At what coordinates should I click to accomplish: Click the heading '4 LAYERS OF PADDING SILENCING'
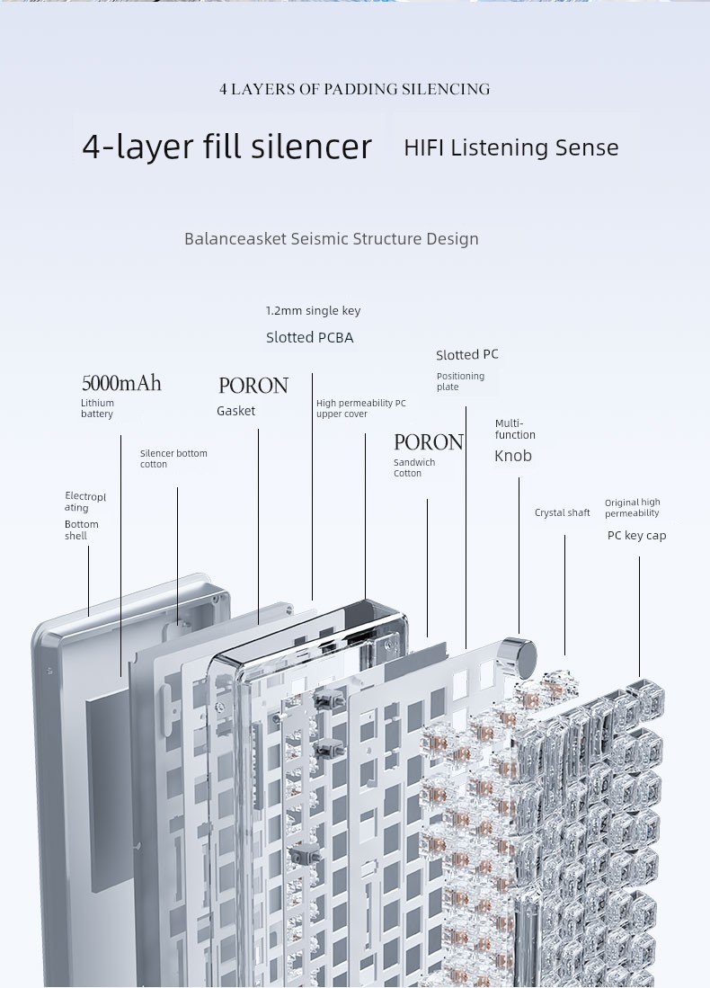click(354, 89)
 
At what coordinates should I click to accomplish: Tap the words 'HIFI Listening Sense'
click(510, 147)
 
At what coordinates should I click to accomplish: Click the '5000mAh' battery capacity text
click(121, 384)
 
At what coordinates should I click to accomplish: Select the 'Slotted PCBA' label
click(309, 338)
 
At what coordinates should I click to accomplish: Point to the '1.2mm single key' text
click(313, 311)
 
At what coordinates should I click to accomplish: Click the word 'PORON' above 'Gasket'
click(253, 386)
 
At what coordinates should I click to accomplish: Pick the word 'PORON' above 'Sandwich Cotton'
click(428, 442)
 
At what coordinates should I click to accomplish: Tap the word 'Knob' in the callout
click(512, 456)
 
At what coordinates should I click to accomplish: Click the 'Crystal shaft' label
click(562, 513)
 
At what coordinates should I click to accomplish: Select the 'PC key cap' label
click(636, 536)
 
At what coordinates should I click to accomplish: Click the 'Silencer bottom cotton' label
click(173, 458)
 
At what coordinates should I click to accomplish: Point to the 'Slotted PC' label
click(466, 355)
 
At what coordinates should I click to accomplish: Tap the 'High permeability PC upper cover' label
click(360, 409)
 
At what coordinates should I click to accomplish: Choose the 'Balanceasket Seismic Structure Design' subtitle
click(331, 239)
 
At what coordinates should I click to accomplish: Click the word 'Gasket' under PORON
click(235, 411)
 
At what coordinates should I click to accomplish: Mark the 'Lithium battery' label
click(97, 409)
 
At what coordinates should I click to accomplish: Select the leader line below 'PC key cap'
click(639, 616)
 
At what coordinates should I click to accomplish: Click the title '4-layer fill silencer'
click(226, 147)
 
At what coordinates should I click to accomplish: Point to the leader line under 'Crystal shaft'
click(564, 593)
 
